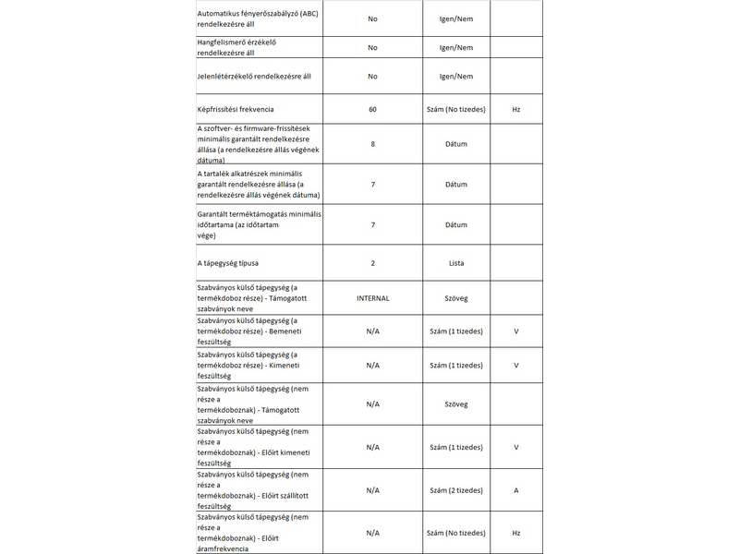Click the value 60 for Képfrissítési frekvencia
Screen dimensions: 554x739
tap(372, 110)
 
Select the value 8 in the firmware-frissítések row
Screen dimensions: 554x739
tap(372, 145)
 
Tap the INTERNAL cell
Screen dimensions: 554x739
tap(372, 298)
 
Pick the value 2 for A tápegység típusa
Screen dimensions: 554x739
tap(372, 263)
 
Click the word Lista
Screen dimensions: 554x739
tap(456, 263)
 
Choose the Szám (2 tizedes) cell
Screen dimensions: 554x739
tap(456, 490)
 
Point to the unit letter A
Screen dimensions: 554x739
tap(516, 490)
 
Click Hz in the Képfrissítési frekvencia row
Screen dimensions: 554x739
tap(516, 110)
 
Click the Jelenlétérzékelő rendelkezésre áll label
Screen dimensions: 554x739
tap(254, 76)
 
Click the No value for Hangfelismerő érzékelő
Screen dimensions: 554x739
tap(372, 47)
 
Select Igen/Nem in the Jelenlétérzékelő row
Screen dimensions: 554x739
tap(456, 76)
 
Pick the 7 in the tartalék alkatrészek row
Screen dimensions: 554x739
tap(372, 184)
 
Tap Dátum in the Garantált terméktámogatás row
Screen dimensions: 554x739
tap(456, 224)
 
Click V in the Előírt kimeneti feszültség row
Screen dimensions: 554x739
tap(516, 447)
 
